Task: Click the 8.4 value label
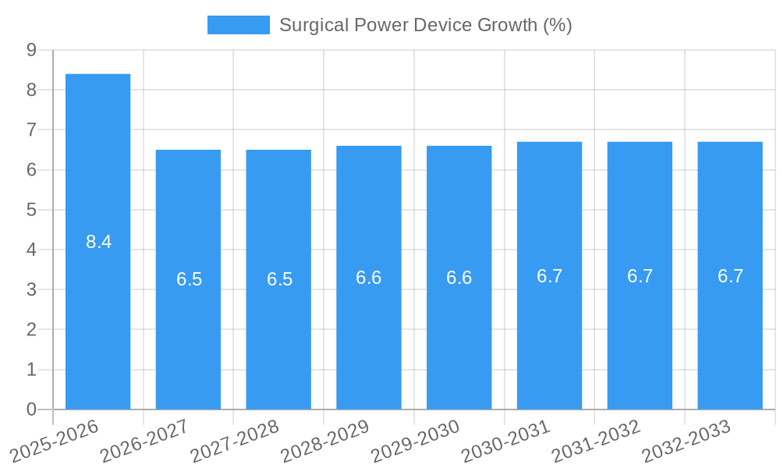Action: [x=98, y=242]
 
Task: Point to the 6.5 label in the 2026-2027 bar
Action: [x=189, y=279]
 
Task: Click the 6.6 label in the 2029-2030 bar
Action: [x=459, y=278]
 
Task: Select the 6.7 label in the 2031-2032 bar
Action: [x=640, y=276]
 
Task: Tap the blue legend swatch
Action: [x=238, y=25]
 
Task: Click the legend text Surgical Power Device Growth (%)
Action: [x=425, y=25]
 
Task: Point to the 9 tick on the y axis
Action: [x=31, y=50]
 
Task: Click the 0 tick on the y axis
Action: [x=31, y=409]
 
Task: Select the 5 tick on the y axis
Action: [x=31, y=210]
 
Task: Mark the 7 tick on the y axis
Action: [x=31, y=129]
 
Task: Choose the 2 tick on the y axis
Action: [x=31, y=330]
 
